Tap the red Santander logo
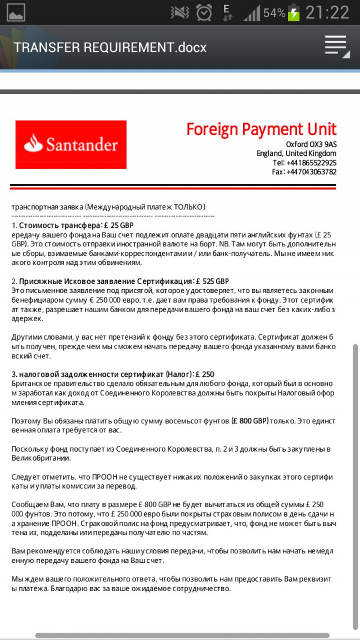pyautogui.click(x=71, y=145)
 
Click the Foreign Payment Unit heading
pyautogui.click(x=261, y=129)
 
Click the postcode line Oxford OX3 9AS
pyautogui.click(x=311, y=145)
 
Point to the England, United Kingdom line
pyautogui.click(x=296, y=154)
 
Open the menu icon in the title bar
pyautogui.click(x=336, y=46)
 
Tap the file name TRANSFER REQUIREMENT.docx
pyautogui.click(x=110, y=47)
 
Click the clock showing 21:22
pyautogui.click(x=327, y=12)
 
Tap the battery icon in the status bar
pyautogui.click(x=294, y=12)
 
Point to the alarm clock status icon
pyautogui.click(x=204, y=12)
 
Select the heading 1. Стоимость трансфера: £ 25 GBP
pyautogui.click(x=73, y=226)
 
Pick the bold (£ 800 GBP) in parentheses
pyautogui.click(x=250, y=420)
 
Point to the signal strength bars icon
pyautogui.click(x=252, y=12)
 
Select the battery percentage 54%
pyautogui.click(x=274, y=12)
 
